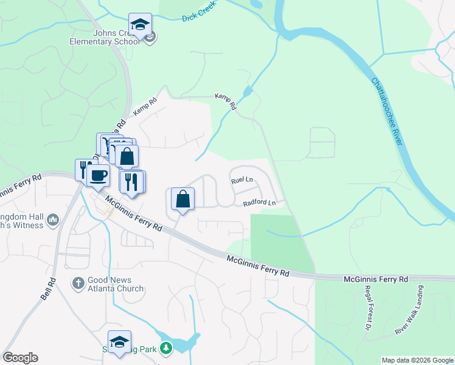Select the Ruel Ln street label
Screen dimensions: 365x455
point(241,181)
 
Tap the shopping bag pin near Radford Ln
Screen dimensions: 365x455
point(183,198)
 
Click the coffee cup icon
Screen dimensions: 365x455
point(98,175)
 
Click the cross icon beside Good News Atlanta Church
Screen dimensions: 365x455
point(78,283)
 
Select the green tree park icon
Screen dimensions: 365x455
point(165,349)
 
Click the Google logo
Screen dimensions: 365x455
point(20,358)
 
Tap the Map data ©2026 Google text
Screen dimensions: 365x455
point(417,360)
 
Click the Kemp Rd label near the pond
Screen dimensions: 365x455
point(226,101)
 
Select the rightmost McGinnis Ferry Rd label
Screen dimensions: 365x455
point(375,279)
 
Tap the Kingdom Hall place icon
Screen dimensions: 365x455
point(53,219)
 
